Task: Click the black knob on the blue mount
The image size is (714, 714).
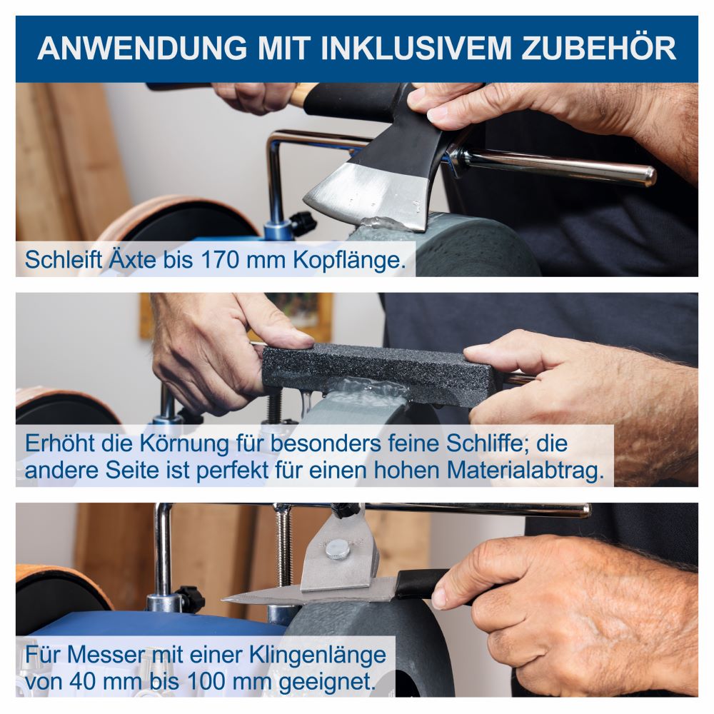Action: point(303,222)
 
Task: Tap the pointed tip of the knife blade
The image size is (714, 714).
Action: point(226,599)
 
